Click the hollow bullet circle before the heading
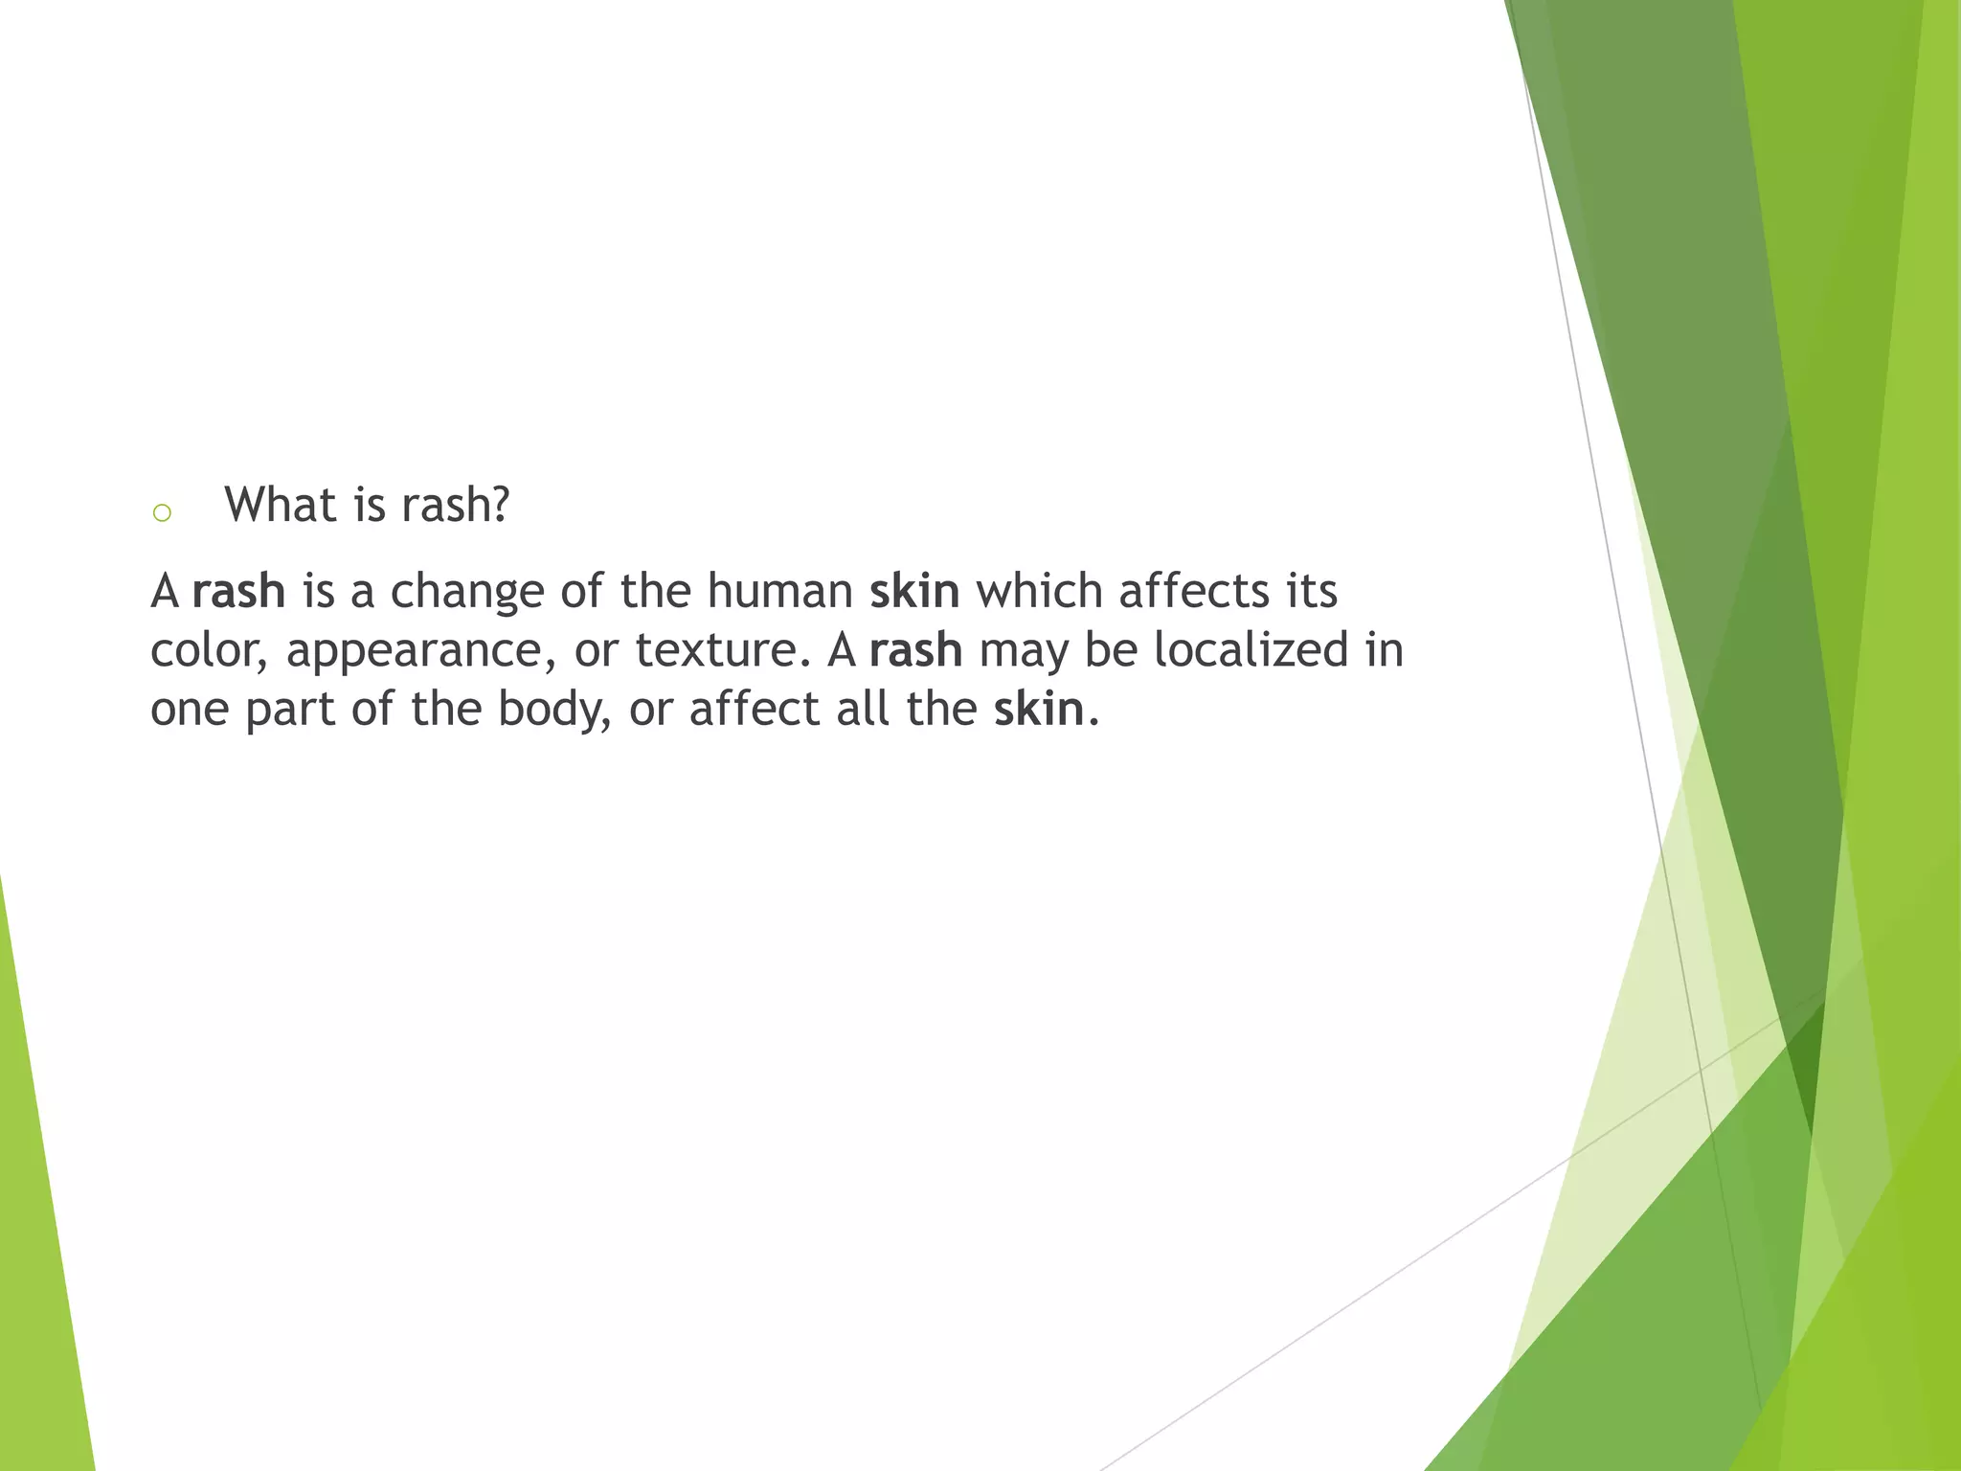(x=162, y=513)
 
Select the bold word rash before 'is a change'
(x=238, y=591)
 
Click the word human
(x=779, y=591)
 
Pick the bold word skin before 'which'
(x=914, y=591)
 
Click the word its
(x=1311, y=591)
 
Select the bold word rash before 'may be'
(x=915, y=650)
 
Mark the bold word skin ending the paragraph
(x=1039, y=710)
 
